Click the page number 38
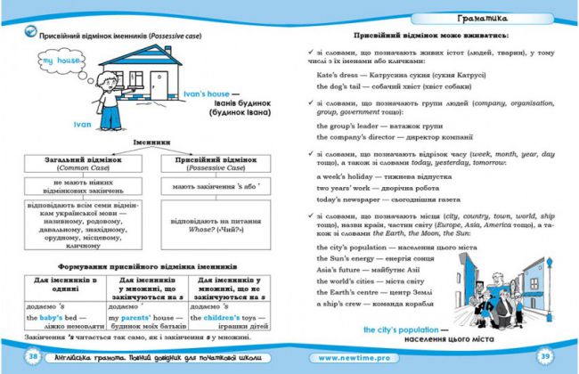[33, 356]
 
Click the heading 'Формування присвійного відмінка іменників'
[147, 266]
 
